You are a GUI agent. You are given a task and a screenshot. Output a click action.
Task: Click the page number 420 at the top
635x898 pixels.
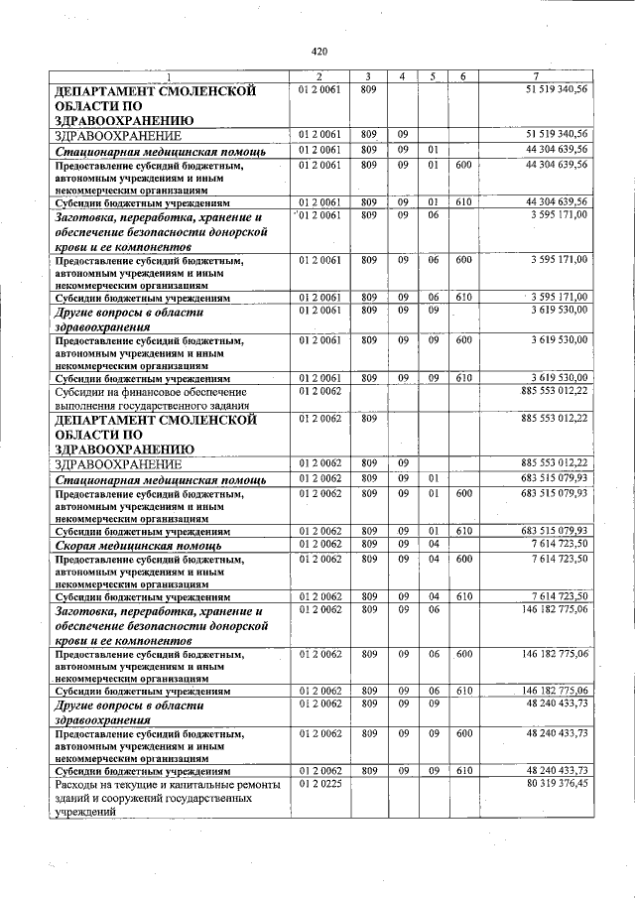[318, 51]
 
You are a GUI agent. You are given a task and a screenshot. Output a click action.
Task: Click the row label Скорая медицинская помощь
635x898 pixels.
[137, 546]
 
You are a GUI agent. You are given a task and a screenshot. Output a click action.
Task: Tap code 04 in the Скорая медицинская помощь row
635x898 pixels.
[433, 544]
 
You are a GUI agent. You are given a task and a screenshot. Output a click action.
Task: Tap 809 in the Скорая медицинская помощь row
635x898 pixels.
[368, 544]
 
